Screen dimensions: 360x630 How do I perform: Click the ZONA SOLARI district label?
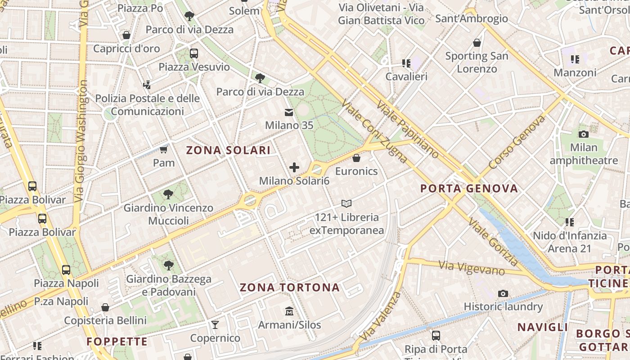click(x=228, y=150)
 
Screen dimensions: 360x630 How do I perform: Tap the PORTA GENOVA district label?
click(x=469, y=189)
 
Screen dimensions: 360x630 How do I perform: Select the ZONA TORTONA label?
click(x=289, y=288)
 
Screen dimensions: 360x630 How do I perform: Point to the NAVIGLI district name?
click(x=543, y=327)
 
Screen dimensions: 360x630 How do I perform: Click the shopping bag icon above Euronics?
click(x=356, y=158)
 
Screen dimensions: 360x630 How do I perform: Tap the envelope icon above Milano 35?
click(x=288, y=112)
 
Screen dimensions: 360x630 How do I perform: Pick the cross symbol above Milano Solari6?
click(x=294, y=168)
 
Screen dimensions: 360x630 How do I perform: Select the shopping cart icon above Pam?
click(x=164, y=149)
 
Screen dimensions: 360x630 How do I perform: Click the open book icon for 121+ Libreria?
click(x=346, y=204)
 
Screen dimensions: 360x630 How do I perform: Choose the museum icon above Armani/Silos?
click(x=289, y=311)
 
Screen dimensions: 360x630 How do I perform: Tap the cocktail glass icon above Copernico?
click(x=215, y=324)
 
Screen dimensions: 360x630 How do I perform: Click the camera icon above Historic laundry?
click(x=503, y=294)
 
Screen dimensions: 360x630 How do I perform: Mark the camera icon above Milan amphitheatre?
click(x=584, y=134)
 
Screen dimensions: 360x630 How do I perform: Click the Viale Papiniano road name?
click(x=408, y=129)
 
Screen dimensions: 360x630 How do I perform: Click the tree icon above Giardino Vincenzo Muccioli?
click(x=168, y=194)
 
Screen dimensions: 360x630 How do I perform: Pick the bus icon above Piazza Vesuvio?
click(x=194, y=54)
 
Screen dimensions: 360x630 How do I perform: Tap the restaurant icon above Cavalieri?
click(x=406, y=63)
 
